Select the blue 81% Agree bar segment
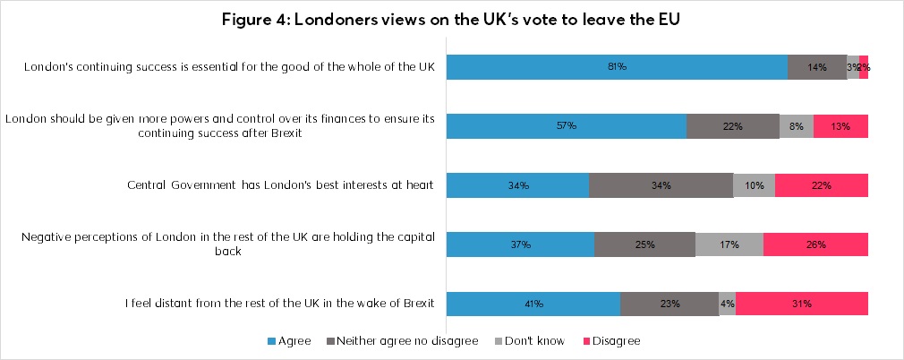(x=617, y=67)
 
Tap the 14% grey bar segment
(x=816, y=67)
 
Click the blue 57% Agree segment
(x=566, y=126)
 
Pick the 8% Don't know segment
(x=797, y=126)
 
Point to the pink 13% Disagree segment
(x=840, y=126)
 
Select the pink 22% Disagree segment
(x=821, y=185)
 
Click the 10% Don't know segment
(x=754, y=185)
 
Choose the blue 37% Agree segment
(x=520, y=244)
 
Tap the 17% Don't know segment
(x=729, y=244)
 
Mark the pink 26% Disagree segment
(x=815, y=244)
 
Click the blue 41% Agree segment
(x=533, y=304)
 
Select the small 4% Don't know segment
(x=727, y=304)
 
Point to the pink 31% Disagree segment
(x=801, y=304)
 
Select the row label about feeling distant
(x=279, y=304)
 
